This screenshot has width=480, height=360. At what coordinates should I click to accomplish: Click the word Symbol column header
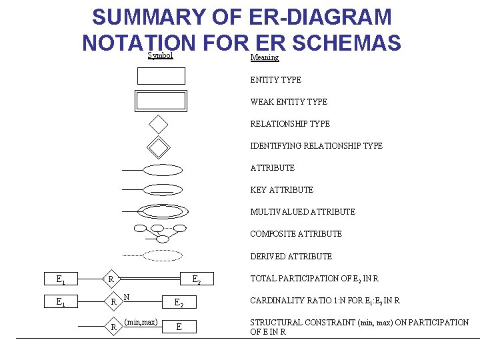pyautogui.click(x=160, y=55)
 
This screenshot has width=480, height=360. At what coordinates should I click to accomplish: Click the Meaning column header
pyautogui.click(x=264, y=57)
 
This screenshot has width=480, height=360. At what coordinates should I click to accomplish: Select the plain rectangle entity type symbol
pyautogui.click(x=161, y=76)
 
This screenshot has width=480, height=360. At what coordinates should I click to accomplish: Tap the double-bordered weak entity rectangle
pyautogui.click(x=161, y=101)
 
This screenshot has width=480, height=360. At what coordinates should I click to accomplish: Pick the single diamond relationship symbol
pyautogui.click(x=159, y=124)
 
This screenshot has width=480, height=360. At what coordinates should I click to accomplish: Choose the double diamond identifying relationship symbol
pyautogui.click(x=159, y=146)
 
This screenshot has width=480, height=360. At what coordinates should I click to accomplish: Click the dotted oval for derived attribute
pyautogui.click(x=163, y=255)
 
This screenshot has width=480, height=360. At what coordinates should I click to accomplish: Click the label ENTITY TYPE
pyautogui.click(x=275, y=80)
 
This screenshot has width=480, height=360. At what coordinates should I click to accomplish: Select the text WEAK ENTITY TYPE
pyautogui.click(x=289, y=102)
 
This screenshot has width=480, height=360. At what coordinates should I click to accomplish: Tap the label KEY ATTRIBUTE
pyautogui.click(x=281, y=190)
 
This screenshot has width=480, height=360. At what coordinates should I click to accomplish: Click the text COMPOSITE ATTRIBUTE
pyautogui.click(x=296, y=234)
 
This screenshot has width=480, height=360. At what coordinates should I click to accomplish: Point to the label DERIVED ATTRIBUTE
pyautogui.click(x=291, y=257)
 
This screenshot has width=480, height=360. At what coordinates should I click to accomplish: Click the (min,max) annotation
pyautogui.click(x=141, y=322)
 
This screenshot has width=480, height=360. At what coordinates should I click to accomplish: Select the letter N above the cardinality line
pyautogui.click(x=127, y=296)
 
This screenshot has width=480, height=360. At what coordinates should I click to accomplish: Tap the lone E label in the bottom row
pyautogui.click(x=179, y=327)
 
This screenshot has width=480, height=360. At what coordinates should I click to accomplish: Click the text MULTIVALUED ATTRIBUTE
pyautogui.click(x=303, y=212)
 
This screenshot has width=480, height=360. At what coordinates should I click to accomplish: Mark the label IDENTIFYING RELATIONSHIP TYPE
pyautogui.click(x=316, y=146)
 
